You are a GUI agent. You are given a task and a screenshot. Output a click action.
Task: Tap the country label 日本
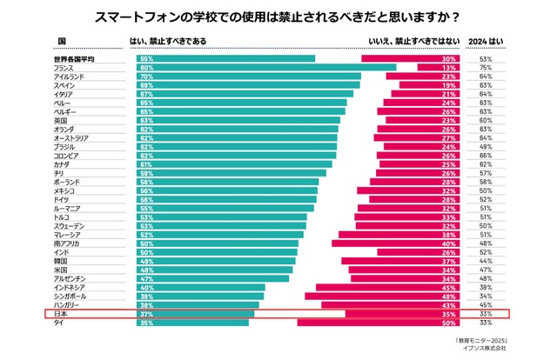pyautogui.click(x=62, y=313)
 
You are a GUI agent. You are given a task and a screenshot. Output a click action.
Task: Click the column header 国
pyautogui.click(x=62, y=40)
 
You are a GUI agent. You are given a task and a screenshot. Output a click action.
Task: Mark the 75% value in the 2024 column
pyautogui.click(x=487, y=67)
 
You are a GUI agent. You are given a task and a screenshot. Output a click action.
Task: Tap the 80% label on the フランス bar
pyautogui.click(x=147, y=67)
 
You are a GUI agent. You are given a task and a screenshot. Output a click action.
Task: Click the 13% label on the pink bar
pyautogui.click(x=449, y=67)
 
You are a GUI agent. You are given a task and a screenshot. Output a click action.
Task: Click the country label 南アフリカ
pyautogui.click(x=70, y=243)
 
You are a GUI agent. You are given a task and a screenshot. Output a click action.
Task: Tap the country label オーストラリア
pyautogui.click(x=75, y=137)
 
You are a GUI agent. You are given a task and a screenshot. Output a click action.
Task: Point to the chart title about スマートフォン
pyautogui.click(x=278, y=15)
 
